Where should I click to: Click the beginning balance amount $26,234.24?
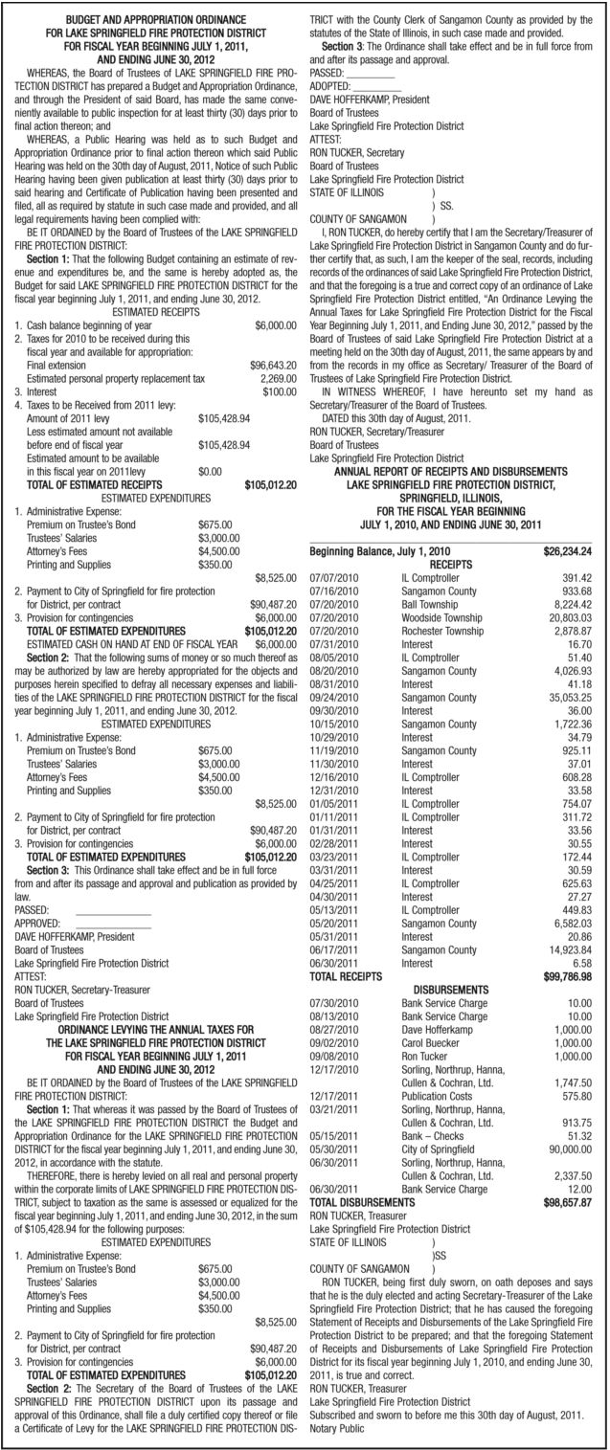coord(567,552)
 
